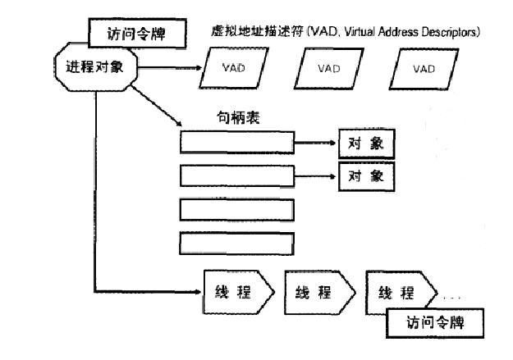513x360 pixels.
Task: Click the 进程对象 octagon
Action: tap(95, 66)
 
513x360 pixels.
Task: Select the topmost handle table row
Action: tap(236, 144)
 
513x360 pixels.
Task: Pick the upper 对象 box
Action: tap(367, 144)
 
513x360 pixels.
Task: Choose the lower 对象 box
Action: tap(367, 175)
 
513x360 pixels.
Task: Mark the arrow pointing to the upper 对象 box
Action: tap(316, 144)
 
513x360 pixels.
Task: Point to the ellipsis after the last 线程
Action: tap(454, 296)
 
